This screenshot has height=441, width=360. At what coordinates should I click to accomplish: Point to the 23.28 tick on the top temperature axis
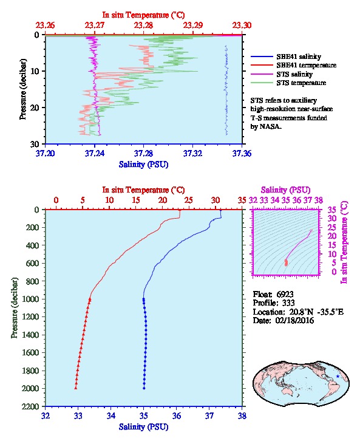(x=144, y=26)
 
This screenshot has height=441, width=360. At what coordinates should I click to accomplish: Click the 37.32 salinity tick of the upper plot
(x=192, y=153)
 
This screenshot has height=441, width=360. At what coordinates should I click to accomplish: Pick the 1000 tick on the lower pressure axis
(x=34, y=299)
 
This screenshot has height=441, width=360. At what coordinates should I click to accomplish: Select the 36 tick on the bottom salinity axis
(x=177, y=415)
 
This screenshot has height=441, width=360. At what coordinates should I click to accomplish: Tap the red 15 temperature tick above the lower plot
(x=136, y=200)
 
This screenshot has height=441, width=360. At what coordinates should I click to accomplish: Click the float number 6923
(x=285, y=294)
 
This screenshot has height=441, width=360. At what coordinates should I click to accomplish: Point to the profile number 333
(x=288, y=303)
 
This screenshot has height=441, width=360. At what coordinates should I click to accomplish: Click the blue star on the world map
(x=338, y=377)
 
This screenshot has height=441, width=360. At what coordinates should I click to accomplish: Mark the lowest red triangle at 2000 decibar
(x=76, y=388)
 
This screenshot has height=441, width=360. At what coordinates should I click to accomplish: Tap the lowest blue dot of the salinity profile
(x=144, y=388)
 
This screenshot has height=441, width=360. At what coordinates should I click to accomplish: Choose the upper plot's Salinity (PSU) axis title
(x=144, y=164)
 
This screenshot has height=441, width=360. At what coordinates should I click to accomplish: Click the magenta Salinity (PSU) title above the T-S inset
(x=285, y=190)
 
